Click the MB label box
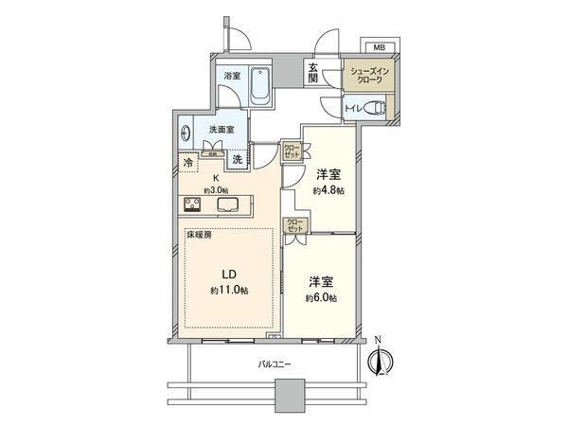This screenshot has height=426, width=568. (378, 46)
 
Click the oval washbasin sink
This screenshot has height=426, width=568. (186, 133)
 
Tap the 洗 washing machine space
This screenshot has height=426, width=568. (239, 161)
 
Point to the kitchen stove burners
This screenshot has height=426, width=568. (191, 205)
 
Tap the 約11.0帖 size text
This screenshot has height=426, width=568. (228, 290)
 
